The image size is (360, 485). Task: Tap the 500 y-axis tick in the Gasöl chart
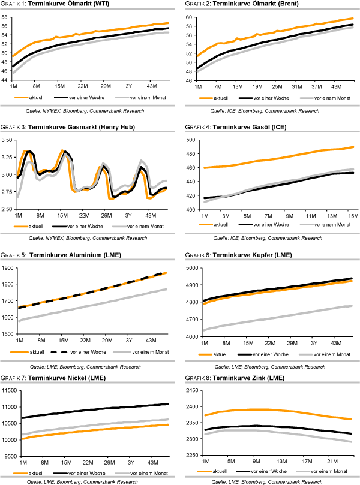191,140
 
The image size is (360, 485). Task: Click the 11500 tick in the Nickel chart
8,390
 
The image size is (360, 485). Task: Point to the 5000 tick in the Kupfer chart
190,267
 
